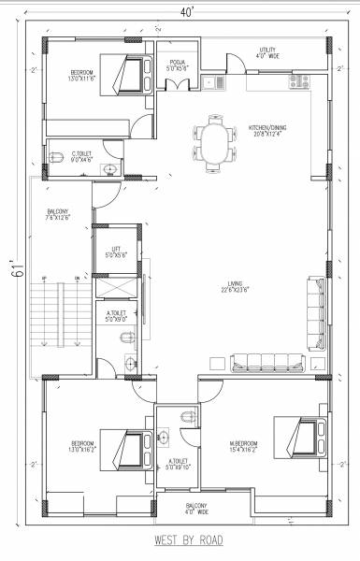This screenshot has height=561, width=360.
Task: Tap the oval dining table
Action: coord(215,141)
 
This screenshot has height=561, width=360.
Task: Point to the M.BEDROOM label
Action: coord(244,443)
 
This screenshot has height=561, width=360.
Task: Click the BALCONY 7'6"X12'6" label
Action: coord(58,216)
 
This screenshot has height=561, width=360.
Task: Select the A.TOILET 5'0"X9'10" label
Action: coord(178,465)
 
